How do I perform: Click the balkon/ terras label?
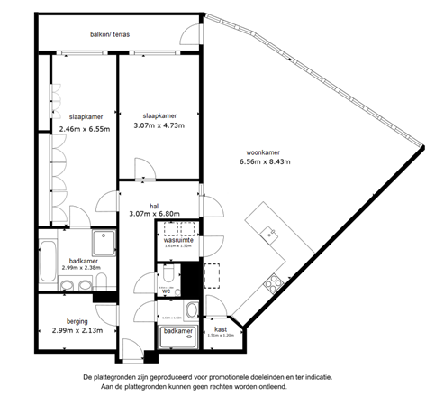pyautogui.click(x=109, y=34)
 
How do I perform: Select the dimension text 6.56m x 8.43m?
pyautogui.click(x=259, y=162)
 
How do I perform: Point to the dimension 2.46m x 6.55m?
pyautogui.click(x=84, y=129)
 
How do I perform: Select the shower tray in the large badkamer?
pyautogui.click(x=103, y=243)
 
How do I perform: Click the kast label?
pyautogui.click(x=220, y=329)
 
